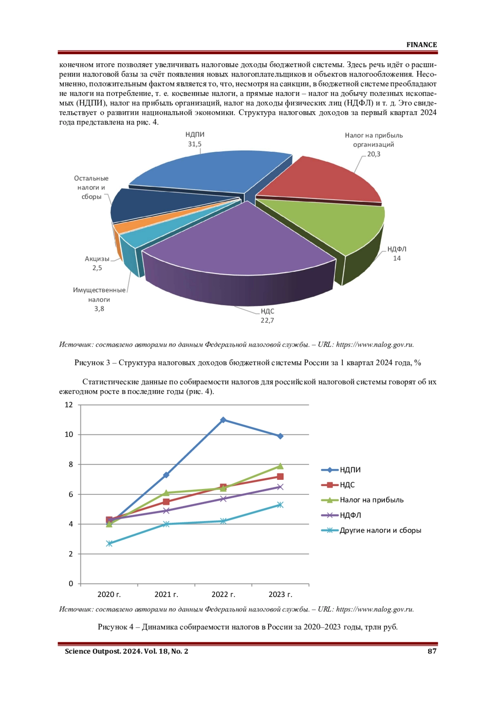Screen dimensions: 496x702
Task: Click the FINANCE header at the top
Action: [x=422, y=45]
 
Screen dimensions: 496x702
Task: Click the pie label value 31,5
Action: [x=195, y=144]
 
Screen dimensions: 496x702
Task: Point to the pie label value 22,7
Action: [x=267, y=320]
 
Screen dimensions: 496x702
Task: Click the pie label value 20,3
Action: [x=374, y=154]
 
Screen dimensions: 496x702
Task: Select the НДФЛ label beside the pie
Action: [x=397, y=249]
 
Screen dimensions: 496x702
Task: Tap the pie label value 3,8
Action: [x=99, y=309]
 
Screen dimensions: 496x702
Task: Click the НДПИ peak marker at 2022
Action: [x=223, y=419]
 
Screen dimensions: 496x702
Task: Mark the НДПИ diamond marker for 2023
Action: [x=280, y=436]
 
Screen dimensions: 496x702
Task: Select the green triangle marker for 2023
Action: [x=280, y=466]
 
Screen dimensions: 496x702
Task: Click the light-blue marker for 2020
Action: [x=109, y=544]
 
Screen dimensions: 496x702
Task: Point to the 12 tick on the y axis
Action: [x=69, y=405]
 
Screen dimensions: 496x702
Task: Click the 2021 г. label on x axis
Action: [x=166, y=594]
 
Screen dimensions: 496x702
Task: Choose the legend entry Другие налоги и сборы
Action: [x=371, y=530]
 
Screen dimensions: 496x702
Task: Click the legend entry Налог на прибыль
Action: [x=362, y=500]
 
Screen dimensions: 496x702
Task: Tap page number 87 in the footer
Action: [x=432, y=651]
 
